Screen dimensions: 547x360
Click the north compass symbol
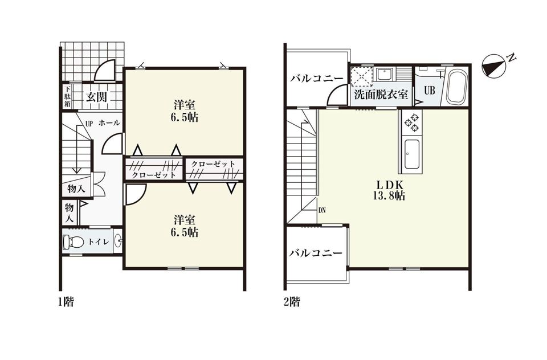493,66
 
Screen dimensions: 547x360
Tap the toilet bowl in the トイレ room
74,242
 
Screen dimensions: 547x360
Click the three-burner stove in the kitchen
411,122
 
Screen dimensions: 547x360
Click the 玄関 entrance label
97,97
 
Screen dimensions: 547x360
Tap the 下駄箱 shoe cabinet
67,96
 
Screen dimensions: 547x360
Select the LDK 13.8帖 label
389,190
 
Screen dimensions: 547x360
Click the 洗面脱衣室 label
381,95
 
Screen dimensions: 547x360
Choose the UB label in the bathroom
430,90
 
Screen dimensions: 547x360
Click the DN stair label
321,210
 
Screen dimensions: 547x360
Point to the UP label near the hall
89,123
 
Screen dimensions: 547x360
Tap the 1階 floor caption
66,301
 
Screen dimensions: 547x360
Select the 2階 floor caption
292,301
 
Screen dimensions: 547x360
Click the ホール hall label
109,123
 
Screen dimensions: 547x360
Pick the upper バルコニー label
317,79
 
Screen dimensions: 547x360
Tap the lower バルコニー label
316,252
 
